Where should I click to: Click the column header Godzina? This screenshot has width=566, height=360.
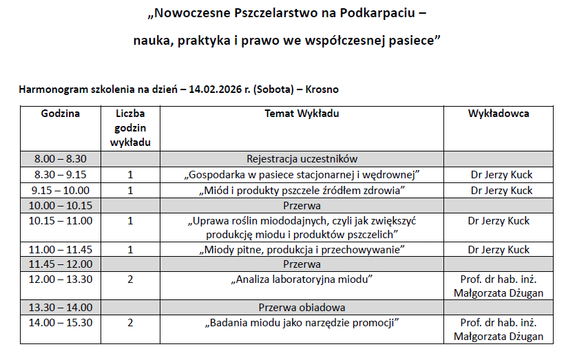(x=60, y=114)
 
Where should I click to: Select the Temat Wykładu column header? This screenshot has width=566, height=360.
(x=302, y=114)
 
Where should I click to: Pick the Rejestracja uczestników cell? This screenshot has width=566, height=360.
(x=302, y=158)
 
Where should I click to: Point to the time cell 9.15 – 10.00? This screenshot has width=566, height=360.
(x=61, y=190)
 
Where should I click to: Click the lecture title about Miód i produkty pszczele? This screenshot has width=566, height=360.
(x=302, y=190)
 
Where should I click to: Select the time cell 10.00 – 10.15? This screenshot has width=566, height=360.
(x=61, y=205)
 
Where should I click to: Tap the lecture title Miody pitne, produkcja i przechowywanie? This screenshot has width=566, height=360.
(x=302, y=249)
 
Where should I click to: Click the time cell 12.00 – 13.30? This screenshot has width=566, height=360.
(x=61, y=279)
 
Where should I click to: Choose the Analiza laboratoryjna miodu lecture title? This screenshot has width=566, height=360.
(x=302, y=279)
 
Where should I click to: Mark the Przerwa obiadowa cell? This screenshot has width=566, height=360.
(x=302, y=307)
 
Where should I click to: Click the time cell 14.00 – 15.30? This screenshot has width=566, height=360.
(x=61, y=322)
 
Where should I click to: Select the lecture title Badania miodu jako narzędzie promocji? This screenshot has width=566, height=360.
(x=302, y=322)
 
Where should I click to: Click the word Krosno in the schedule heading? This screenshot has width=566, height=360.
(x=322, y=89)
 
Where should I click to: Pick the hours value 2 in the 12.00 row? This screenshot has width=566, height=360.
(x=130, y=279)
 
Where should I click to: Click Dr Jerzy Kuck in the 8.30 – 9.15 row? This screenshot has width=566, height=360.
(x=501, y=174)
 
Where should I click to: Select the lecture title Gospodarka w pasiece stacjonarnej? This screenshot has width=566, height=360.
(x=302, y=174)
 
